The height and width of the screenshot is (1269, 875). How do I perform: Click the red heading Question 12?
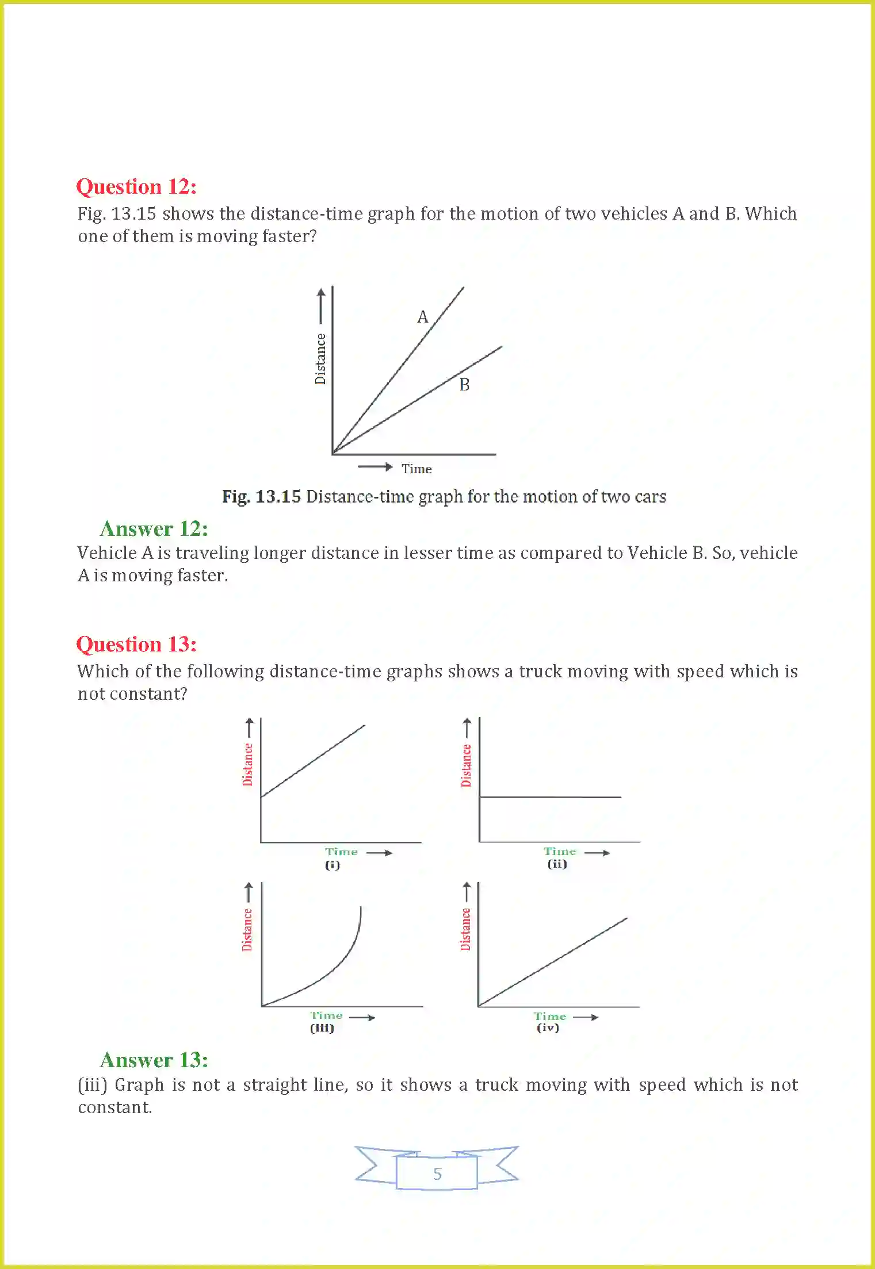coord(136,187)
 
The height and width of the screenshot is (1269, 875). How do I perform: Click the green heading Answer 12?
coord(154,529)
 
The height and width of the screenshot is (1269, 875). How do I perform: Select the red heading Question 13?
coord(136,645)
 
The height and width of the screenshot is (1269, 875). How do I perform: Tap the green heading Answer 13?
coord(154,1060)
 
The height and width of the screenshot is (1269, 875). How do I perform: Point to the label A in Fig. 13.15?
coord(423,317)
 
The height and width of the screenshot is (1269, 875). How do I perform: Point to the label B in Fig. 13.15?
coord(464,385)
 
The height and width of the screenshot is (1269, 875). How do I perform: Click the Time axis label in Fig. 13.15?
coord(417,469)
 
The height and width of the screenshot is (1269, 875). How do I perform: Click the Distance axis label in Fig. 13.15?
coord(320,359)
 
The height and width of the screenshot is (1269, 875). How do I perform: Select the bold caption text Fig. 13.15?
coord(261,497)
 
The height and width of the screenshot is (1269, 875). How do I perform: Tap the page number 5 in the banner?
coord(437,1174)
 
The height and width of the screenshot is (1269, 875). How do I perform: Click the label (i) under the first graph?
coord(333,865)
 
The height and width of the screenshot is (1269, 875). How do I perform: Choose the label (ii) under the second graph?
coord(557,864)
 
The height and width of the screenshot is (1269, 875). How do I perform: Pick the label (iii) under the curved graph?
coord(322,1028)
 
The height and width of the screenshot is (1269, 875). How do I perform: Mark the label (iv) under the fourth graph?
coord(548,1028)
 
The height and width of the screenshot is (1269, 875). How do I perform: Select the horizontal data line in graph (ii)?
coord(550,797)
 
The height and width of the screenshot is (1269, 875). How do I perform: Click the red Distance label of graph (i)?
coord(247,764)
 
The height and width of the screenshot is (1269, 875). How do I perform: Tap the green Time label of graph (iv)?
coord(550,1017)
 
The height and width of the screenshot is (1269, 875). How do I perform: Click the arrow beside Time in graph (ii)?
coord(597,853)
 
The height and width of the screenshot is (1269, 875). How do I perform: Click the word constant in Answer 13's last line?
coord(114,1107)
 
